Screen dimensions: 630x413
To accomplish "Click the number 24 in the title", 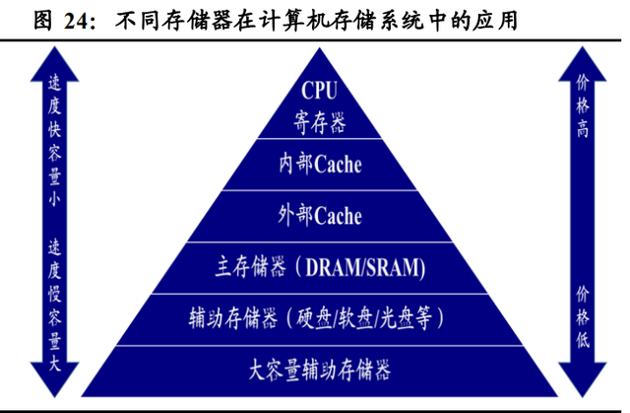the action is tap(76, 22).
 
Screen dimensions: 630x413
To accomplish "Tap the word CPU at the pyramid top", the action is tap(319, 91).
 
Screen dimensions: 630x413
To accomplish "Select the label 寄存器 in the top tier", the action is tap(319, 122).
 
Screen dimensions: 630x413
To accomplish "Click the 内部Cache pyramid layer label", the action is tap(320, 165).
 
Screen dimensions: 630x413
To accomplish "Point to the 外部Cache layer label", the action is tap(320, 216).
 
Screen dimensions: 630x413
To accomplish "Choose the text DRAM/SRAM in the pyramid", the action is tap(362, 267).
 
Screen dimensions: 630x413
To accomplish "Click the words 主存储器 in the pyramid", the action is tap(250, 266).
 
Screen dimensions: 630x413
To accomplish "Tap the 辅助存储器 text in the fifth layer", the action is tap(233, 318).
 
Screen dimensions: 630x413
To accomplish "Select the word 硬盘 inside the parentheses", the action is tap(315, 318).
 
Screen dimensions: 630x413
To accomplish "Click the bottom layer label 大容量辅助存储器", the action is tap(320, 370).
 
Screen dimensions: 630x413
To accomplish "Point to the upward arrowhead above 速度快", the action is tap(55, 64).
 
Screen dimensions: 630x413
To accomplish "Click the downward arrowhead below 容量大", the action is tap(55, 379).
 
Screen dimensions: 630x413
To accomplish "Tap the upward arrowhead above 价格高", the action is tap(582, 64).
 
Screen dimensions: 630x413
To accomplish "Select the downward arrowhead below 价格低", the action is tap(582, 379).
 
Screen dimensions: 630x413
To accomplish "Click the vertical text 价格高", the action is tap(583, 105).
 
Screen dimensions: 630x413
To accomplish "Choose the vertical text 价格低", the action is tap(583, 317).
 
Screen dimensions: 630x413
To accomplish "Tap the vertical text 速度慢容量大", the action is tap(55, 305).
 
